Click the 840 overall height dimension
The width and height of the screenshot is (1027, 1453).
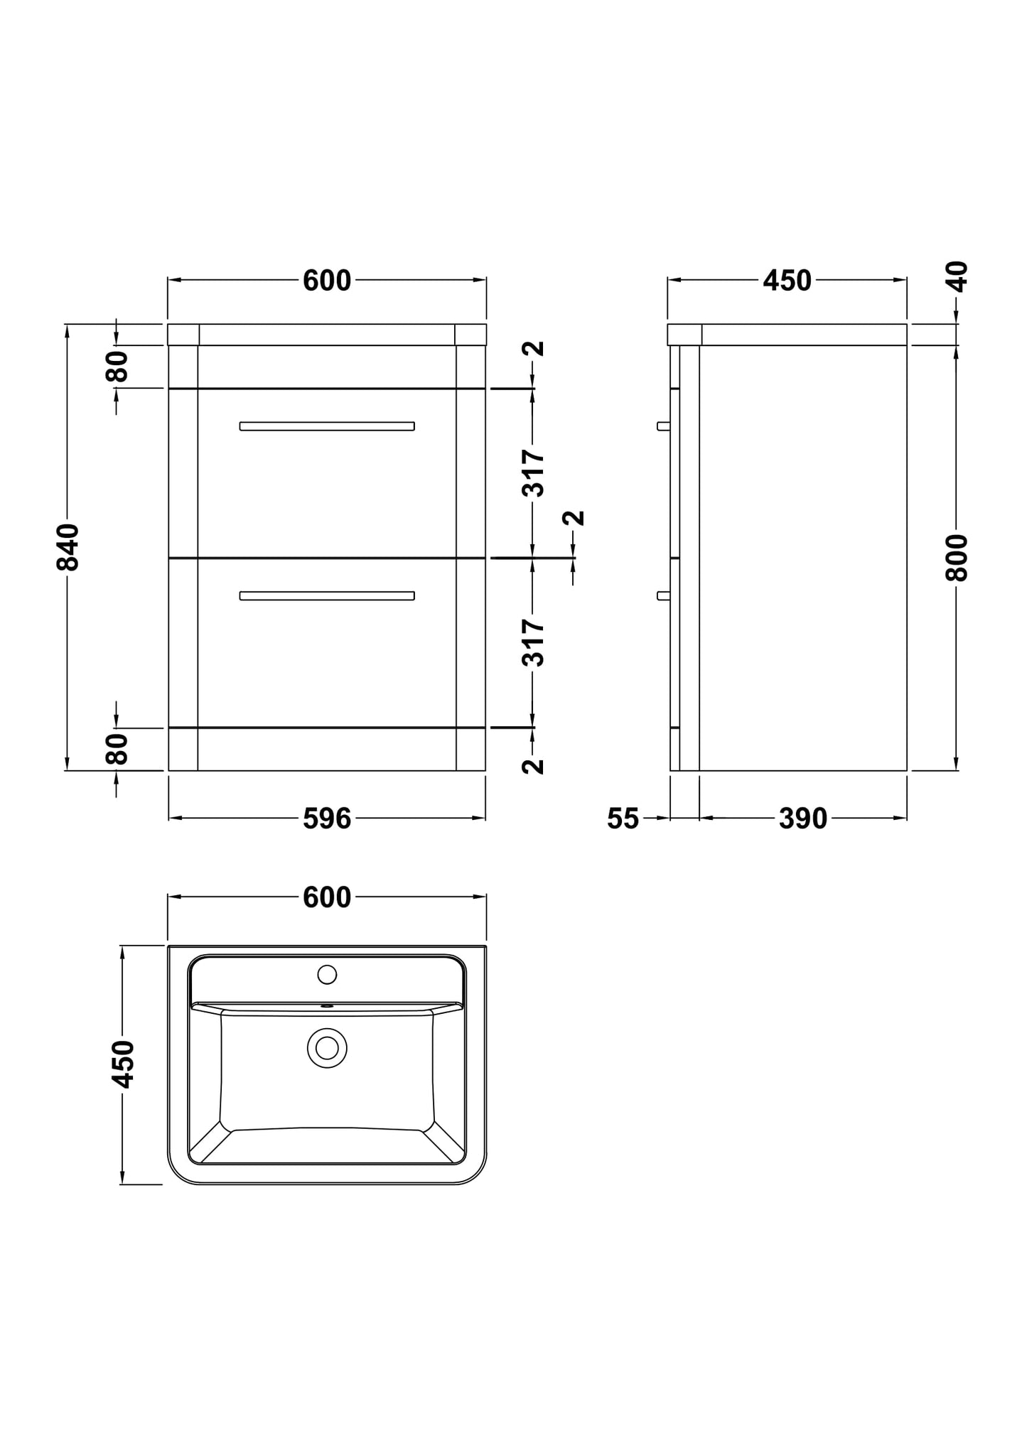click(x=68, y=547)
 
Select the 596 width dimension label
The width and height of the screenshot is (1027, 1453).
click(x=327, y=819)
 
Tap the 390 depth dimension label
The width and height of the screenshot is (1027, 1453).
click(x=803, y=819)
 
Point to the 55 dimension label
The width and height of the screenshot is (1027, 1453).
click(x=623, y=819)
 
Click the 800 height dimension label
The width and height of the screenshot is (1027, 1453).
click(x=957, y=558)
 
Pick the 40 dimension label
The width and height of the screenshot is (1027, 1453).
click(x=957, y=277)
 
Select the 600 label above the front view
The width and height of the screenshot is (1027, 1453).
click(x=327, y=281)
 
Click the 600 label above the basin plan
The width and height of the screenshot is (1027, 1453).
click(x=327, y=897)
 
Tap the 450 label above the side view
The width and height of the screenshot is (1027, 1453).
click(x=787, y=281)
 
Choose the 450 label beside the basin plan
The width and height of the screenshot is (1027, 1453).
click(x=123, y=1064)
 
